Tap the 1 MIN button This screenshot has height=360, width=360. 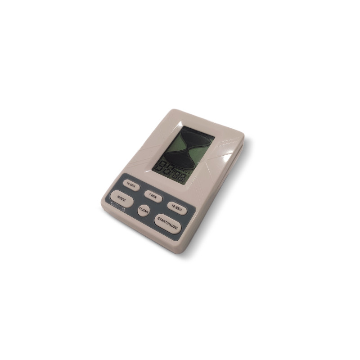coord(153,196)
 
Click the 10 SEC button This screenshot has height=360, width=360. coord(176,206)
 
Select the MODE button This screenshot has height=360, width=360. coord(121,198)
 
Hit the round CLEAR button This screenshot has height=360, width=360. coord(144,210)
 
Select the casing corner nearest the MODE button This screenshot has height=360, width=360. coord(102,207)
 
